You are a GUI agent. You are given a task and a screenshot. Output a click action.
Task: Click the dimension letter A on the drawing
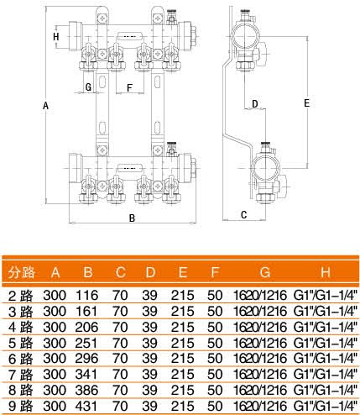[45, 106]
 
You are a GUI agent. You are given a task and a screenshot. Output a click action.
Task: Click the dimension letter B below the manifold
[132, 218]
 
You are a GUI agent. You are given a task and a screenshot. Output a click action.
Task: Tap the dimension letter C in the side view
[243, 215]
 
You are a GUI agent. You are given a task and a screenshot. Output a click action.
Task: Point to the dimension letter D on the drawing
[254, 104]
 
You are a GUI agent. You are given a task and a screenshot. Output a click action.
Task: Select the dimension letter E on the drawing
[306, 103]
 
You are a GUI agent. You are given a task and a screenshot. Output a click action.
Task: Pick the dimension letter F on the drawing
[129, 88]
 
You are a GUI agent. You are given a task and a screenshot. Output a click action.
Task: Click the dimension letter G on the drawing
[88, 87]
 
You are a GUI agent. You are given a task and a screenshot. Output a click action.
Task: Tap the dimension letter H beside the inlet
[56, 37]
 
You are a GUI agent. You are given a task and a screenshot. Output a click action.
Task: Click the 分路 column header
[21, 272]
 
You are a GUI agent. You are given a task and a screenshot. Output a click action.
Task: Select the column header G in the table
[265, 272]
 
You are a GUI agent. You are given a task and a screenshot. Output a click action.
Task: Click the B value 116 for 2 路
[86, 296]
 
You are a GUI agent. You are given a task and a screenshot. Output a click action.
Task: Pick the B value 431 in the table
[86, 406]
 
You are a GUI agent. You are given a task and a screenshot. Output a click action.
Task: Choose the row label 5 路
[21, 343]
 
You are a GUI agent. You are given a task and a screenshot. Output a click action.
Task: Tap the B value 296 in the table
[86, 359]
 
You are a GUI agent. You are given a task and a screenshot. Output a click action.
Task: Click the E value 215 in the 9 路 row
[182, 406]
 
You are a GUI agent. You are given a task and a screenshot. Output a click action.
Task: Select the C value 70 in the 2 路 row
[120, 296]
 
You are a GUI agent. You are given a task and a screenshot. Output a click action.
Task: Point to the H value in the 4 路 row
[326, 327]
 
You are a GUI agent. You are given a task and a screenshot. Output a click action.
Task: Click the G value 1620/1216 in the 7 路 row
[260, 374]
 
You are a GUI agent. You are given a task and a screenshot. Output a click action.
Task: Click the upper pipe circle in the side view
[245, 36]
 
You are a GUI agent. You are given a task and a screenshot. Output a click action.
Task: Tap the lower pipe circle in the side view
[265, 168]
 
